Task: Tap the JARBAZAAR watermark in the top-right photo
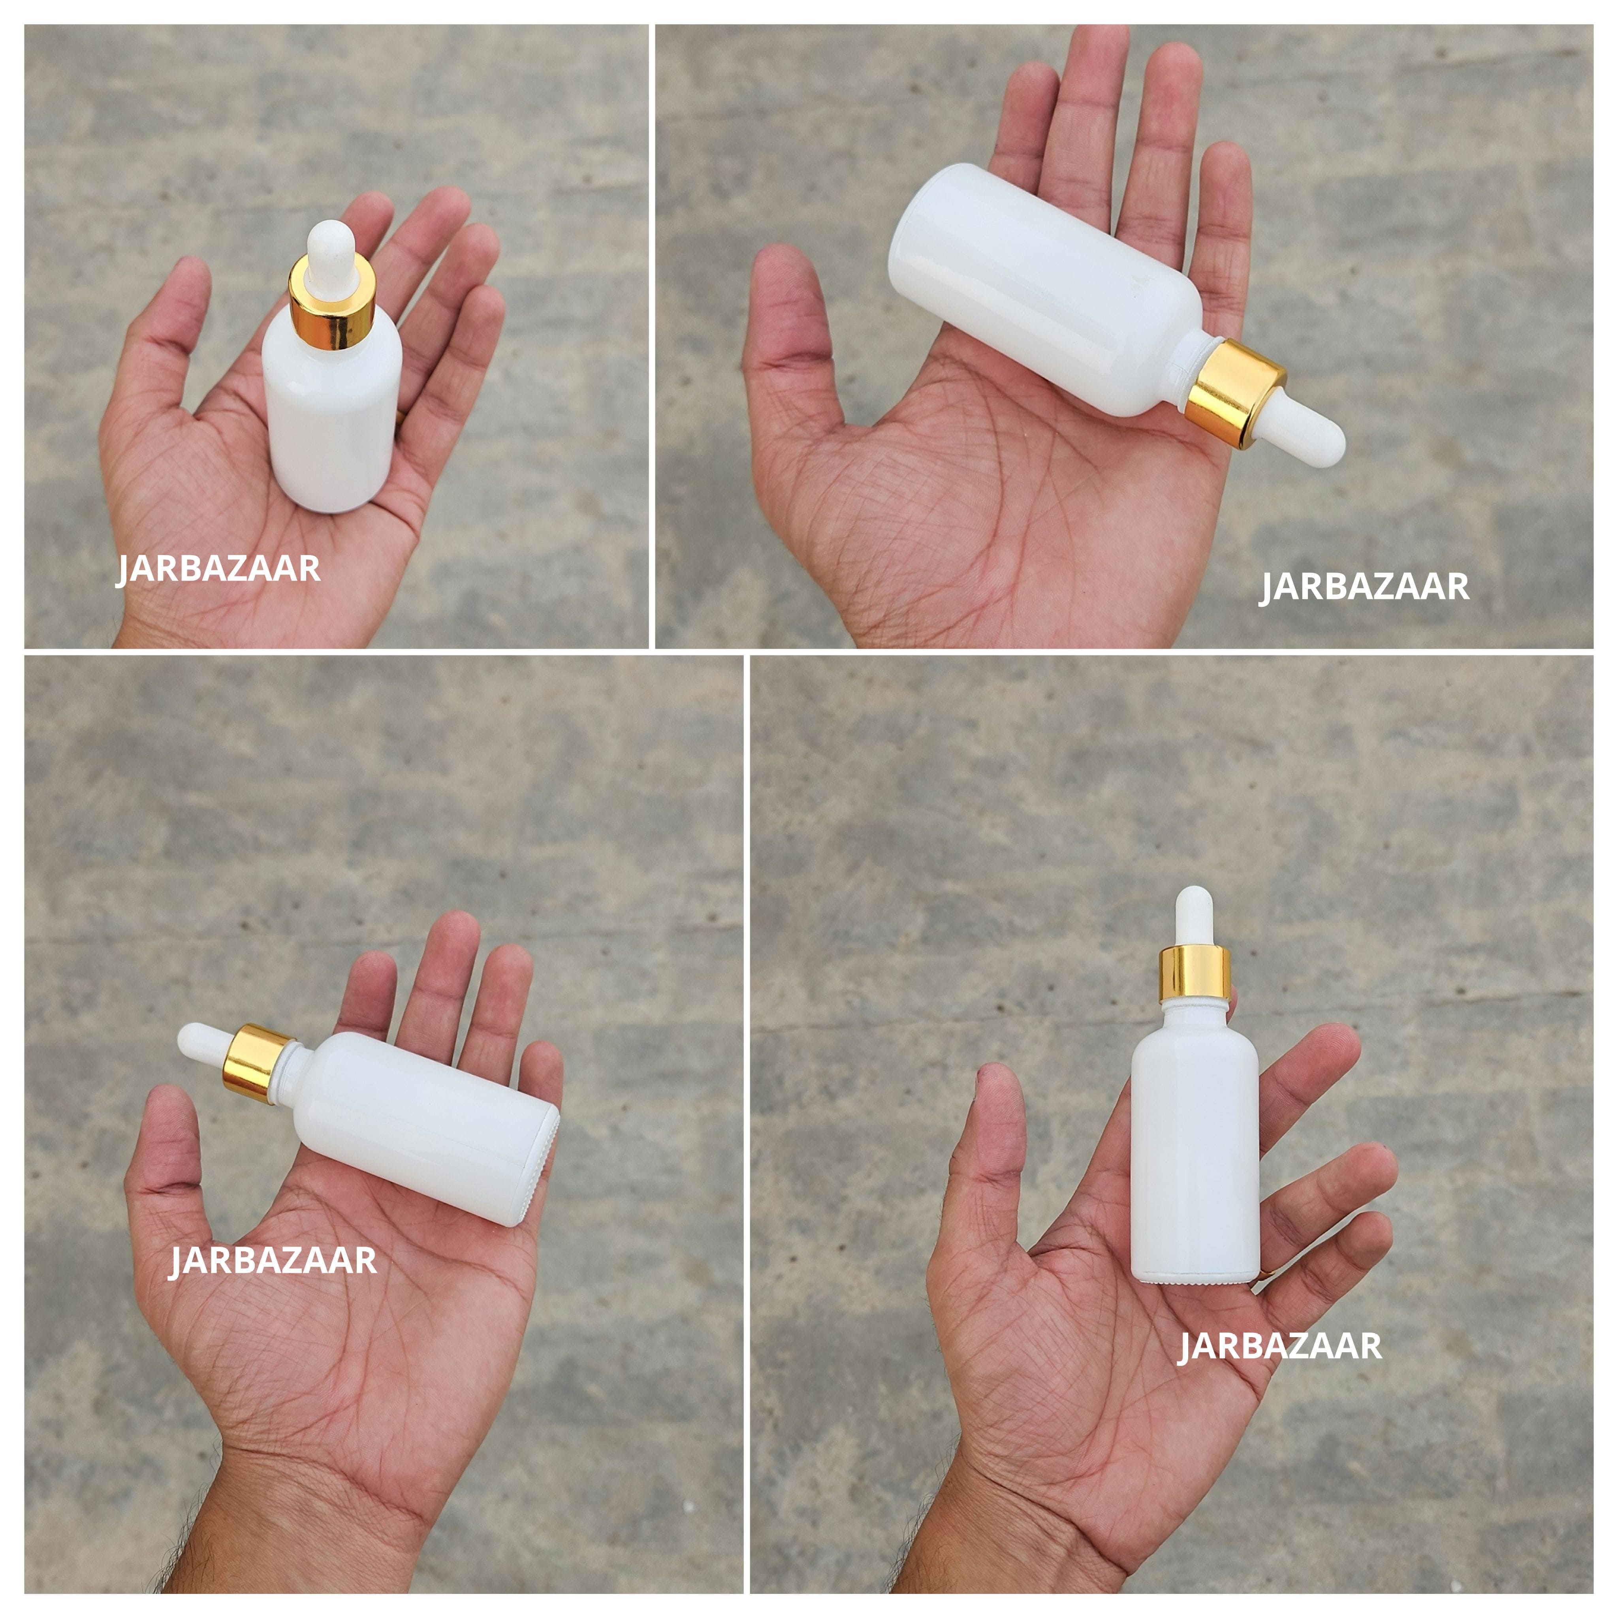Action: (x=1364, y=586)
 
